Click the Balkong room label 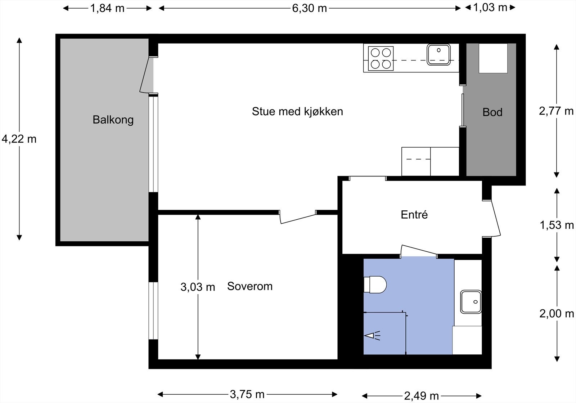[x=113, y=120]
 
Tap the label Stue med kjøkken [x=297, y=112]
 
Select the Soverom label [x=250, y=286]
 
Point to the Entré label [x=414, y=215]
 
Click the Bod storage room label [x=492, y=112]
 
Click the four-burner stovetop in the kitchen [x=381, y=58]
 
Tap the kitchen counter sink [x=439, y=54]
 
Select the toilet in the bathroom [x=375, y=285]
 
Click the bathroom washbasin [x=471, y=302]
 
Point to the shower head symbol [x=372, y=336]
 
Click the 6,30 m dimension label [x=309, y=9]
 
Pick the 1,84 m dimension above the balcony [x=107, y=9]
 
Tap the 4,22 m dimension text [x=19, y=139]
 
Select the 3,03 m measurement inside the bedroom [x=198, y=287]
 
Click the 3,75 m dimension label [x=247, y=394]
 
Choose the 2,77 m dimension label [x=556, y=111]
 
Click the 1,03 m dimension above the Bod [x=490, y=8]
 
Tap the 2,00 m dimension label [x=557, y=314]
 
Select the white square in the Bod [x=493, y=58]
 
